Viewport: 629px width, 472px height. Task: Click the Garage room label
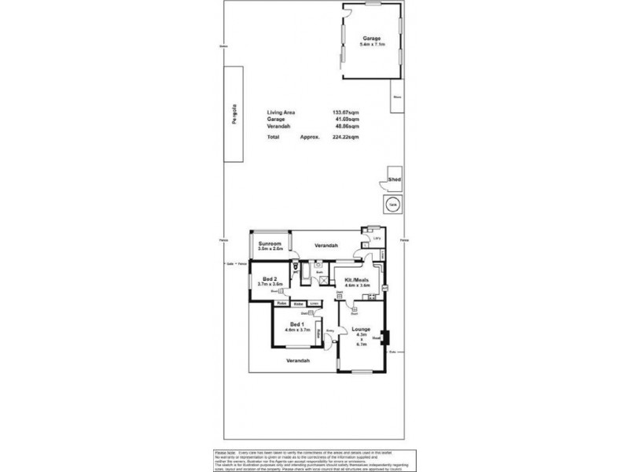click(372, 39)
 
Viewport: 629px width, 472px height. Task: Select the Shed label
click(395, 179)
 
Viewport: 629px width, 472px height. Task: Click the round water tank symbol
click(393, 205)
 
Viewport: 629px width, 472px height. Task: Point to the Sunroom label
click(270, 245)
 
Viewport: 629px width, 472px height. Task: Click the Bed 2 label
click(270, 278)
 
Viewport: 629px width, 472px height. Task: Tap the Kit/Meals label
click(358, 280)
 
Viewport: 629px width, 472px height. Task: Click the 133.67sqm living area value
click(346, 113)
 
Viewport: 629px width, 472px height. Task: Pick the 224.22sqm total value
click(346, 137)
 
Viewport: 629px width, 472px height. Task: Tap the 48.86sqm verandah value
click(346, 128)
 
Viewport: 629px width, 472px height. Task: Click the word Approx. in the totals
click(310, 137)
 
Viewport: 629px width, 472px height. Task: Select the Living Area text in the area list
click(281, 113)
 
